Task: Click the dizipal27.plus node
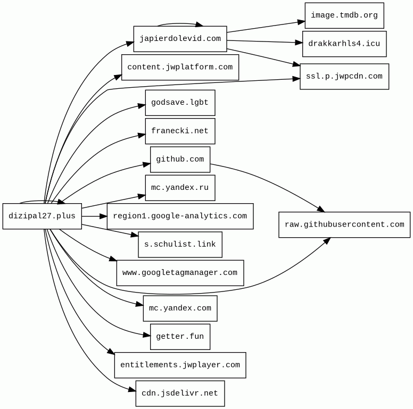(x=42, y=216)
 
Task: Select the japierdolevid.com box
(x=180, y=39)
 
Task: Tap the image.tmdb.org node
(x=344, y=15)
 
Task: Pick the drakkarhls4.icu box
(x=344, y=44)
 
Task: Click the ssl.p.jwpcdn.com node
(x=344, y=77)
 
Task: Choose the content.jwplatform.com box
(x=180, y=67)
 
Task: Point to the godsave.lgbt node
(x=180, y=103)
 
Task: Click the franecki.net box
(x=180, y=131)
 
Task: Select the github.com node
(x=180, y=160)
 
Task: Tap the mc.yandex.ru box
(x=180, y=188)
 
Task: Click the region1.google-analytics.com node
(x=180, y=216)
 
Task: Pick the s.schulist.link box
(x=180, y=245)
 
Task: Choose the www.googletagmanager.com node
(x=180, y=273)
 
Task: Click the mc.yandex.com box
(x=180, y=308)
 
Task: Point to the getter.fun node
(x=180, y=337)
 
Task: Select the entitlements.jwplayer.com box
(x=180, y=365)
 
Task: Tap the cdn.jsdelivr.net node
(x=180, y=394)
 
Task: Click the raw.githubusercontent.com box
(x=344, y=224)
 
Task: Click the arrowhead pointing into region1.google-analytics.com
(x=104, y=216)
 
